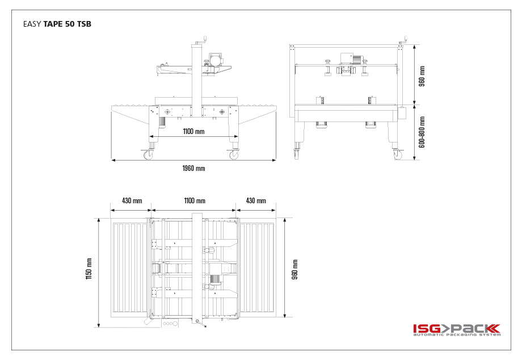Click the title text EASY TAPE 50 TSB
click(57, 24)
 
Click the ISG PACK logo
click(457, 330)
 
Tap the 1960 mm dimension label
click(193, 169)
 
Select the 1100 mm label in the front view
click(193, 132)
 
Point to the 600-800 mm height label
click(422, 132)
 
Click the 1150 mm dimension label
click(89, 269)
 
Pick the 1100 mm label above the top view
click(195, 201)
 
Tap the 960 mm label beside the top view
click(294, 269)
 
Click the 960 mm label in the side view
click(422, 76)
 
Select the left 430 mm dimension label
click(132, 201)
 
